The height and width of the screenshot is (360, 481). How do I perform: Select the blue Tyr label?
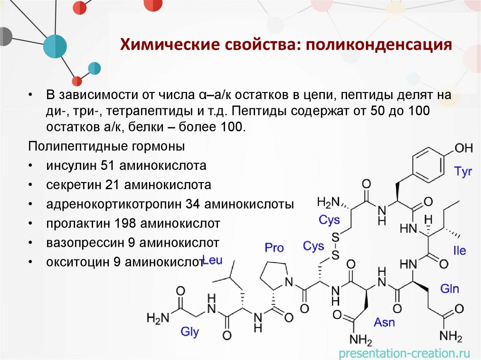click(x=463, y=172)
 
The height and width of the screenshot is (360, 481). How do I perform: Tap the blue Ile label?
click(x=459, y=251)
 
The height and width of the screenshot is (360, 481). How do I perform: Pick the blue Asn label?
click(x=384, y=322)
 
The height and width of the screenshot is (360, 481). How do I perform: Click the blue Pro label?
click(x=274, y=247)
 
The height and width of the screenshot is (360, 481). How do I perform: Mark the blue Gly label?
click(x=190, y=332)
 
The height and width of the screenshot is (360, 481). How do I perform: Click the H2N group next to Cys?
click(x=328, y=202)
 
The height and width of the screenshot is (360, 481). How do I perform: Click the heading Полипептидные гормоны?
click(x=107, y=146)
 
